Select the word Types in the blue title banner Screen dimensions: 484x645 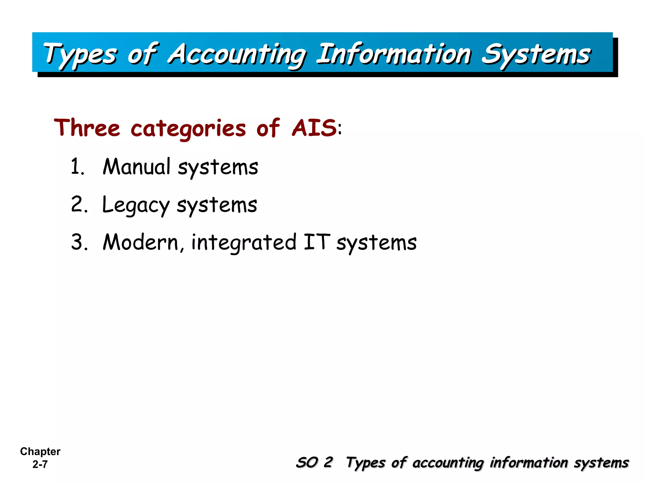(x=80, y=54)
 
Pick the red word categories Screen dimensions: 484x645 (x=188, y=129)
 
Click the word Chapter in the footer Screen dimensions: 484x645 (x=40, y=451)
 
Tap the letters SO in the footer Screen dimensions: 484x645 (x=307, y=462)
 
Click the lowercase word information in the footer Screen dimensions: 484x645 (x=529, y=463)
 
